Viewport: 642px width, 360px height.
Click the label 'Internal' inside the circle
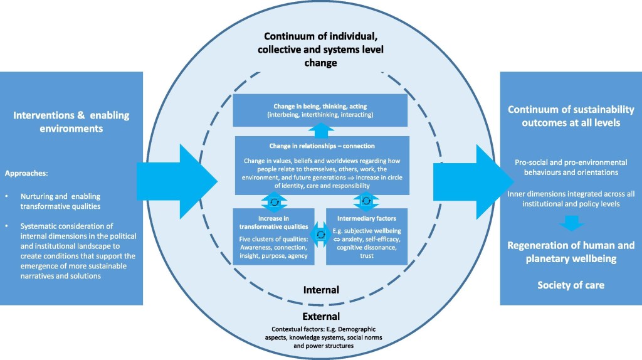(320, 290)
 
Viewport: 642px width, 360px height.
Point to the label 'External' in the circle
(320, 316)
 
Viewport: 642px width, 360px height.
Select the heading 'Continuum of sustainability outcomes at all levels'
(571, 117)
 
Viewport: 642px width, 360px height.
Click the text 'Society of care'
(571, 285)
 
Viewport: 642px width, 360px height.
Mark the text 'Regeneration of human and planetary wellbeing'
(571, 251)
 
